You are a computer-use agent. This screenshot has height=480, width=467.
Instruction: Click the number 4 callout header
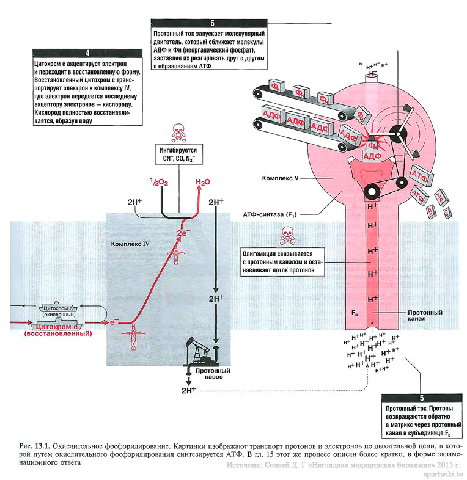[88, 53]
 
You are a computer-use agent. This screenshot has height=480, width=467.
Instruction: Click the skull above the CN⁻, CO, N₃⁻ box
[178, 131]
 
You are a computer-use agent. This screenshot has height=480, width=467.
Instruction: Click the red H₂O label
[202, 182]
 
